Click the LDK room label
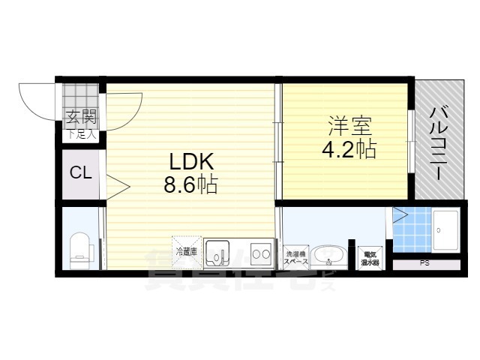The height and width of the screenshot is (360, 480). pyautogui.click(x=190, y=161)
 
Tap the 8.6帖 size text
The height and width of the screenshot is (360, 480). pyautogui.click(x=190, y=184)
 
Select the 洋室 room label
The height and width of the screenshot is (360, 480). pyautogui.click(x=349, y=124)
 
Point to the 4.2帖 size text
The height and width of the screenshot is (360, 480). pyautogui.click(x=349, y=148)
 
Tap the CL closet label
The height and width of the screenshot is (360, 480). pyautogui.click(x=80, y=173)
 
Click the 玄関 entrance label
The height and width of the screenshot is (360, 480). pyautogui.click(x=79, y=118)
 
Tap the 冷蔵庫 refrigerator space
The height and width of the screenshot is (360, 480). pyautogui.click(x=185, y=251)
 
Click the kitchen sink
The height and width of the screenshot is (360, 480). pyautogui.click(x=217, y=253)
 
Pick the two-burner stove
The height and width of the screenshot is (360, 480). pyautogui.click(x=261, y=254)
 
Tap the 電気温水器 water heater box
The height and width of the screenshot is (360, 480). pyautogui.click(x=370, y=258)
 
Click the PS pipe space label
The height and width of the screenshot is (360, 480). pyautogui.click(x=424, y=263)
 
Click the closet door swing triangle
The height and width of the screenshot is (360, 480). pyautogui.click(x=116, y=185)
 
